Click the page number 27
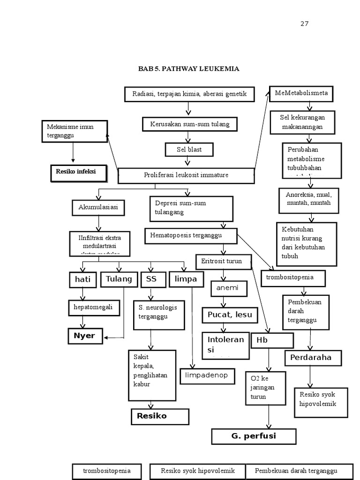305,24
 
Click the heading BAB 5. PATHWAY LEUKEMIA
188,69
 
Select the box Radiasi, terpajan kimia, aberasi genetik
190,94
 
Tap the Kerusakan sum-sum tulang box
189,124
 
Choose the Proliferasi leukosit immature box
186,175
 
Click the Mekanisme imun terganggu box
74,131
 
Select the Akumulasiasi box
98,207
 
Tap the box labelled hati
83,280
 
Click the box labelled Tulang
119,279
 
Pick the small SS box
151,279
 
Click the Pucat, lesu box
230,315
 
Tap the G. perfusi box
254,436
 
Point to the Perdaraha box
313,358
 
